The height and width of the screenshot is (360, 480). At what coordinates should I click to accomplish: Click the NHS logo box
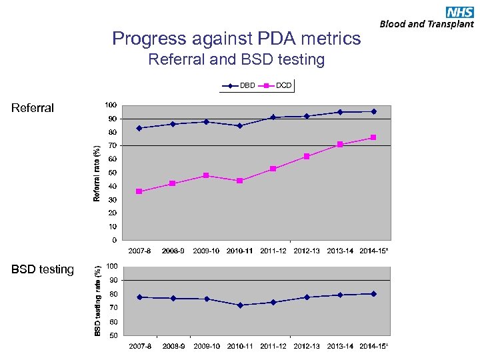point(460,11)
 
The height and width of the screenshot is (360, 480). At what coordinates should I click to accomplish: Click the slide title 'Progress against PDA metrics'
point(236,39)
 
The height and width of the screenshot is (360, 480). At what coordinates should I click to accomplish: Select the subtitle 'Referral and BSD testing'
point(236,60)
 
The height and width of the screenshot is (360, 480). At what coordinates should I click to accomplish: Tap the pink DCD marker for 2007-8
point(139,191)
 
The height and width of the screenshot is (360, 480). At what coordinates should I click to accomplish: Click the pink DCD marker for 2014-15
point(373,137)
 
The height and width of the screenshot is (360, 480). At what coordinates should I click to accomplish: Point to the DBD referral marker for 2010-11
point(239,125)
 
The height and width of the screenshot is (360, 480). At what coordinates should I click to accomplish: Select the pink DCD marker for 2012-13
point(307,157)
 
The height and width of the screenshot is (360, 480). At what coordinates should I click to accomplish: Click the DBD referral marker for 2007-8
point(139,128)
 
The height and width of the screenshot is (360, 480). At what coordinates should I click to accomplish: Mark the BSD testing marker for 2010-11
point(239,305)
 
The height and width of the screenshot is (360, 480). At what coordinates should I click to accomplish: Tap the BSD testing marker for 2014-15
point(373,294)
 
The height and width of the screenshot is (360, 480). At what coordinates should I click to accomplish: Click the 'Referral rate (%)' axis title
point(97,173)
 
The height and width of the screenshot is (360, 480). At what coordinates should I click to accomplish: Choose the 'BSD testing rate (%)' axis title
point(97,301)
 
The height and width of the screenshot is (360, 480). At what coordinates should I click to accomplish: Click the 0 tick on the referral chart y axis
point(114,240)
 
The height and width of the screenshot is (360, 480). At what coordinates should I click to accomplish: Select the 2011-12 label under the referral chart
point(273,251)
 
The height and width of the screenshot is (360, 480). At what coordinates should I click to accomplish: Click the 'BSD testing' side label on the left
point(43,269)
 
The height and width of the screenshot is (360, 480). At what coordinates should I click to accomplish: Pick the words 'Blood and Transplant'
point(427,24)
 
